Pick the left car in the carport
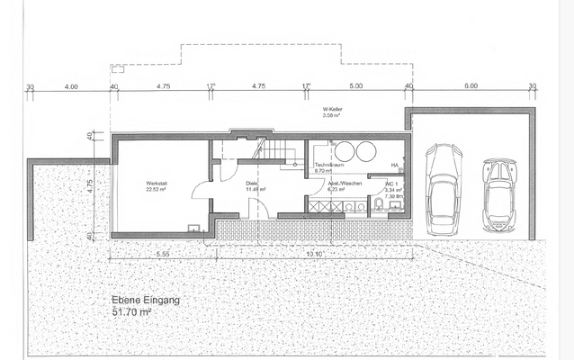click(x=443, y=187)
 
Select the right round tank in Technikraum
click(x=366, y=150)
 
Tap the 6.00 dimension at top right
click(x=471, y=87)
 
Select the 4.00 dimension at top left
click(x=71, y=87)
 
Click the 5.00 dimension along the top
click(x=355, y=87)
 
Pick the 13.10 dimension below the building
click(x=315, y=254)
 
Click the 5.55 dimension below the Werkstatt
click(x=163, y=254)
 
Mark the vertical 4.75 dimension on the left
click(x=90, y=186)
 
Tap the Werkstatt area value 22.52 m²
click(x=158, y=189)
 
